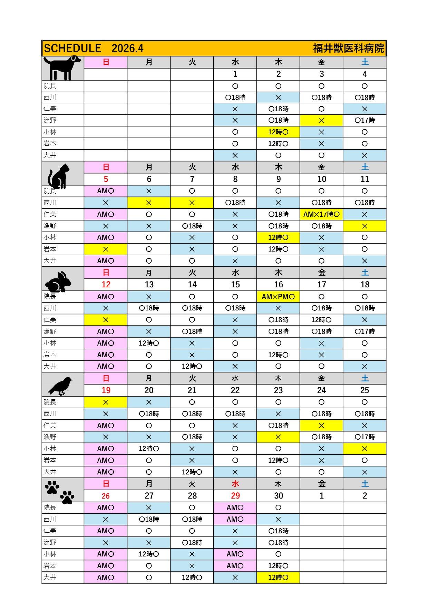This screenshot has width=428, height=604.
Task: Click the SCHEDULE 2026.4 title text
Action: pyautogui.click(x=94, y=48)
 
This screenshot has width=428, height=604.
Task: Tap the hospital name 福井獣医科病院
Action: pyautogui.click(x=348, y=48)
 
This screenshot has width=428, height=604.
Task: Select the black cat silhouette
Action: pyautogui.click(x=58, y=176)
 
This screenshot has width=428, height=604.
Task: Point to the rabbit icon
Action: pyautogui.click(x=58, y=282)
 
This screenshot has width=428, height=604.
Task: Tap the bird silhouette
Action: pyautogui.click(x=61, y=386)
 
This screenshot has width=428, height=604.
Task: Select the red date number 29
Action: pyautogui.click(x=235, y=496)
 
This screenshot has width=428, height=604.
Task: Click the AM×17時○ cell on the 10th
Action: pyautogui.click(x=321, y=214)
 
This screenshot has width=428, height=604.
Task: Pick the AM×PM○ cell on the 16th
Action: pyautogui.click(x=278, y=297)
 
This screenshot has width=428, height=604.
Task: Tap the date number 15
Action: pyautogui.click(x=235, y=285)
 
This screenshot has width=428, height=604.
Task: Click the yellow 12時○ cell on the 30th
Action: pyautogui.click(x=278, y=577)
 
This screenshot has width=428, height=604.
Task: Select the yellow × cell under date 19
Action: pyautogui.click(x=106, y=402)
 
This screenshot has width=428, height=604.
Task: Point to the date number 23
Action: pyautogui.click(x=278, y=390)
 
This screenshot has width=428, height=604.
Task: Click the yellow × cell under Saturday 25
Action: pyautogui.click(x=364, y=449)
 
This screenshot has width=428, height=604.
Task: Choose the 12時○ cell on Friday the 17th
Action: pyautogui.click(x=321, y=320)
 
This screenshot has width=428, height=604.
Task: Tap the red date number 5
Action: pyautogui.click(x=106, y=179)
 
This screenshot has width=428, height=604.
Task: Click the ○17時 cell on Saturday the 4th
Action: pyautogui.click(x=364, y=120)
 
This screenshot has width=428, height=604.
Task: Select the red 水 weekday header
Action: pyautogui.click(x=235, y=484)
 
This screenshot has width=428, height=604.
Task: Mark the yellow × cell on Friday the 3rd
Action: pyautogui.click(x=321, y=120)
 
